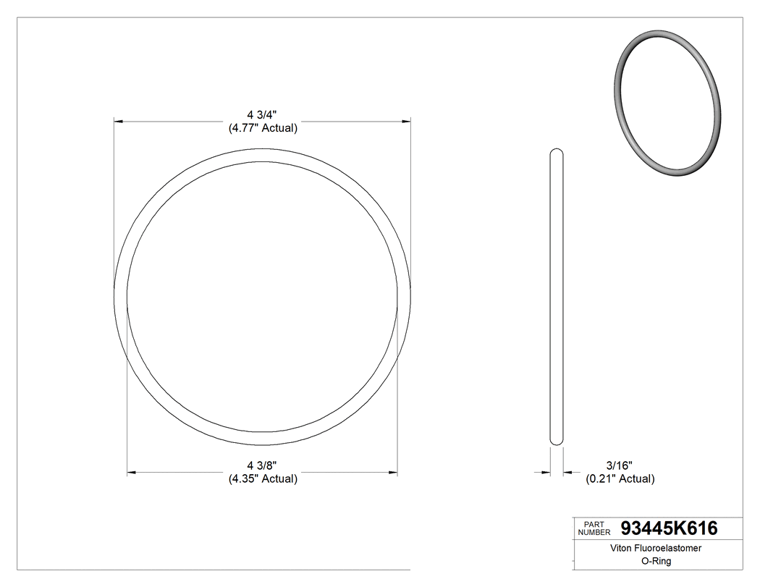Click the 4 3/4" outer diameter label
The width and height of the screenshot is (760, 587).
tap(262, 114)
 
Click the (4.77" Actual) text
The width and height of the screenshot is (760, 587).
tap(262, 128)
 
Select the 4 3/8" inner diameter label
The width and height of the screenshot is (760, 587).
tap(262, 465)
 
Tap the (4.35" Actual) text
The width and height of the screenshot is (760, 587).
tap(263, 478)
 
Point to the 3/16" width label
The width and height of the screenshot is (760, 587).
tap(620, 465)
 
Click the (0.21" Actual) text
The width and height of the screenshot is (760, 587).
tap(620, 478)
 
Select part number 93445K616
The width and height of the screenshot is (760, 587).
tap(670, 528)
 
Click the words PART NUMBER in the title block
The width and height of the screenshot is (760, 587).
tap(594, 528)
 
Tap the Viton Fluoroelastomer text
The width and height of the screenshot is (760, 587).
tap(646, 549)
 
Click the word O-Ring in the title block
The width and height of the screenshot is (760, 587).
tap(646, 561)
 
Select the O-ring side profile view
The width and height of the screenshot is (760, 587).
tap(557, 297)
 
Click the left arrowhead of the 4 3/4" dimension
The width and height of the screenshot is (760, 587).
tap(119, 121)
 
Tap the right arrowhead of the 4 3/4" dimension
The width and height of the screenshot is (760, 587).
tap(407, 121)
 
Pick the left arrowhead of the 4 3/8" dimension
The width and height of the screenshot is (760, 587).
tap(132, 473)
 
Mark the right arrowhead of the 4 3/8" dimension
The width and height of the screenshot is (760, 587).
tap(393, 473)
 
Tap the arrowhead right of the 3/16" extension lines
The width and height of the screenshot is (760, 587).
tap(568, 473)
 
